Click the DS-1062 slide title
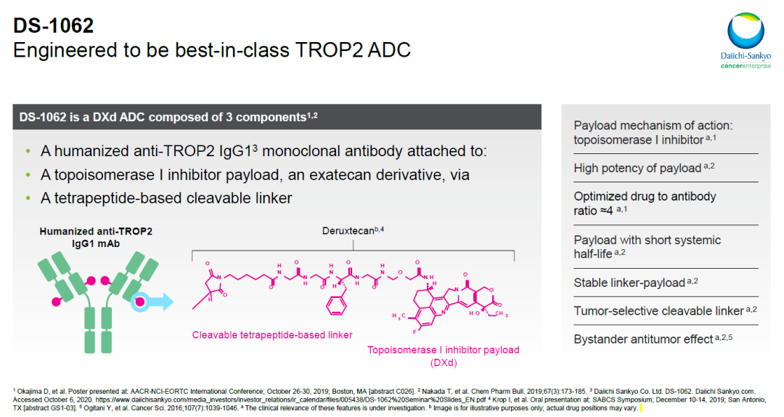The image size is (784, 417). pyautogui.click(x=54, y=25)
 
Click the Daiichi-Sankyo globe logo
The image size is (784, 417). pyautogui.click(x=746, y=31)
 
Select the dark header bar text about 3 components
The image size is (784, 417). pyautogui.click(x=168, y=117)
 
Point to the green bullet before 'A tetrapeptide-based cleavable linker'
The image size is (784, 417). pyautogui.click(x=28, y=198)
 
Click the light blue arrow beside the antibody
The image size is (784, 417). pyautogui.click(x=158, y=301)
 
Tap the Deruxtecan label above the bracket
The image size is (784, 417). pyautogui.click(x=353, y=231)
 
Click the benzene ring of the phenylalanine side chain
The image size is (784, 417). pyautogui.click(x=336, y=305)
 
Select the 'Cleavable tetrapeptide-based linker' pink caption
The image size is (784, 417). pyautogui.click(x=272, y=335)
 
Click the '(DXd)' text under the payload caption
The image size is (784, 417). pyautogui.click(x=444, y=363)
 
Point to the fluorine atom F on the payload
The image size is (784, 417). pyautogui.click(x=415, y=331)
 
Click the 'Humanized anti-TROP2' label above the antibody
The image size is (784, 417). pyautogui.click(x=96, y=231)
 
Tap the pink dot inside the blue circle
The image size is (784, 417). pyautogui.click(x=141, y=301)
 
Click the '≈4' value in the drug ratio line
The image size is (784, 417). pyautogui.click(x=606, y=211)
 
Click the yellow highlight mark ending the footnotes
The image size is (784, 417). pyautogui.click(x=641, y=408)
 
